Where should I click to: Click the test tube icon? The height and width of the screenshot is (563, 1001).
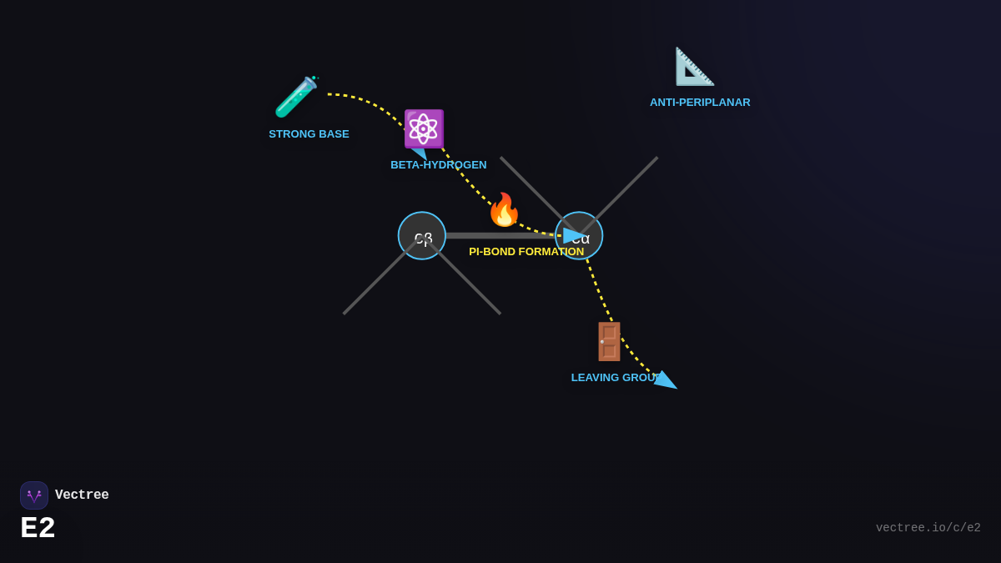pyautogui.click(x=296, y=97)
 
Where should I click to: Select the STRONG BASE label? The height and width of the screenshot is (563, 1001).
pyautogui.click(x=309, y=134)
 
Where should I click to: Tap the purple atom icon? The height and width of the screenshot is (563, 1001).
pyautogui.click(x=424, y=128)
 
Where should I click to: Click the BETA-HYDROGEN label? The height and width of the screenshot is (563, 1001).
pyautogui.click(x=438, y=165)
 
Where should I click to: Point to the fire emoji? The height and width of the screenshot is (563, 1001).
pyautogui.click(x=504, y=210)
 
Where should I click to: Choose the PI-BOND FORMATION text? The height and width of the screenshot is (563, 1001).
pyautogui.click(x=526, y=252)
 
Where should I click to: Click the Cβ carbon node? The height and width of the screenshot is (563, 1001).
pyautogui.click(x=422, y=236)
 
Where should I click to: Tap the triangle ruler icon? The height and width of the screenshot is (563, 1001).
pyautogui.click(x=694, y=67)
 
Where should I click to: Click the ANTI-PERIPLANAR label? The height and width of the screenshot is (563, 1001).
pyautogui.click(x=700, y=103)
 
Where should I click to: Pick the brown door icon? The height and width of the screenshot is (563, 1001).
pyautogui.click(x=609, y=341)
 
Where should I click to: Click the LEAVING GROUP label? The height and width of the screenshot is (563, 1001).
pyautogui.click(x=614, y=378)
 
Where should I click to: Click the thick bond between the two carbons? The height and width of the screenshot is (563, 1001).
pyautogui.click(x=500, y=236)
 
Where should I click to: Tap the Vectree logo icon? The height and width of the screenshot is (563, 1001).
pyautogui.click(x=34, y=495)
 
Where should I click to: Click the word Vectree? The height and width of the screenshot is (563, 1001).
pyautogui.click(x=82, y=495)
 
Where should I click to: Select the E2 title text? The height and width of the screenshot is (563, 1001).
pyautogui.click(x=38, y=529)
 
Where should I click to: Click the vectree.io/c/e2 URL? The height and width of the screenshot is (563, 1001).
pyautogui.click(x=928, y=528)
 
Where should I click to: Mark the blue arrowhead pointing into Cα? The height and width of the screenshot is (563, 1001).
pyautogui.click(x=573, y=236)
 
